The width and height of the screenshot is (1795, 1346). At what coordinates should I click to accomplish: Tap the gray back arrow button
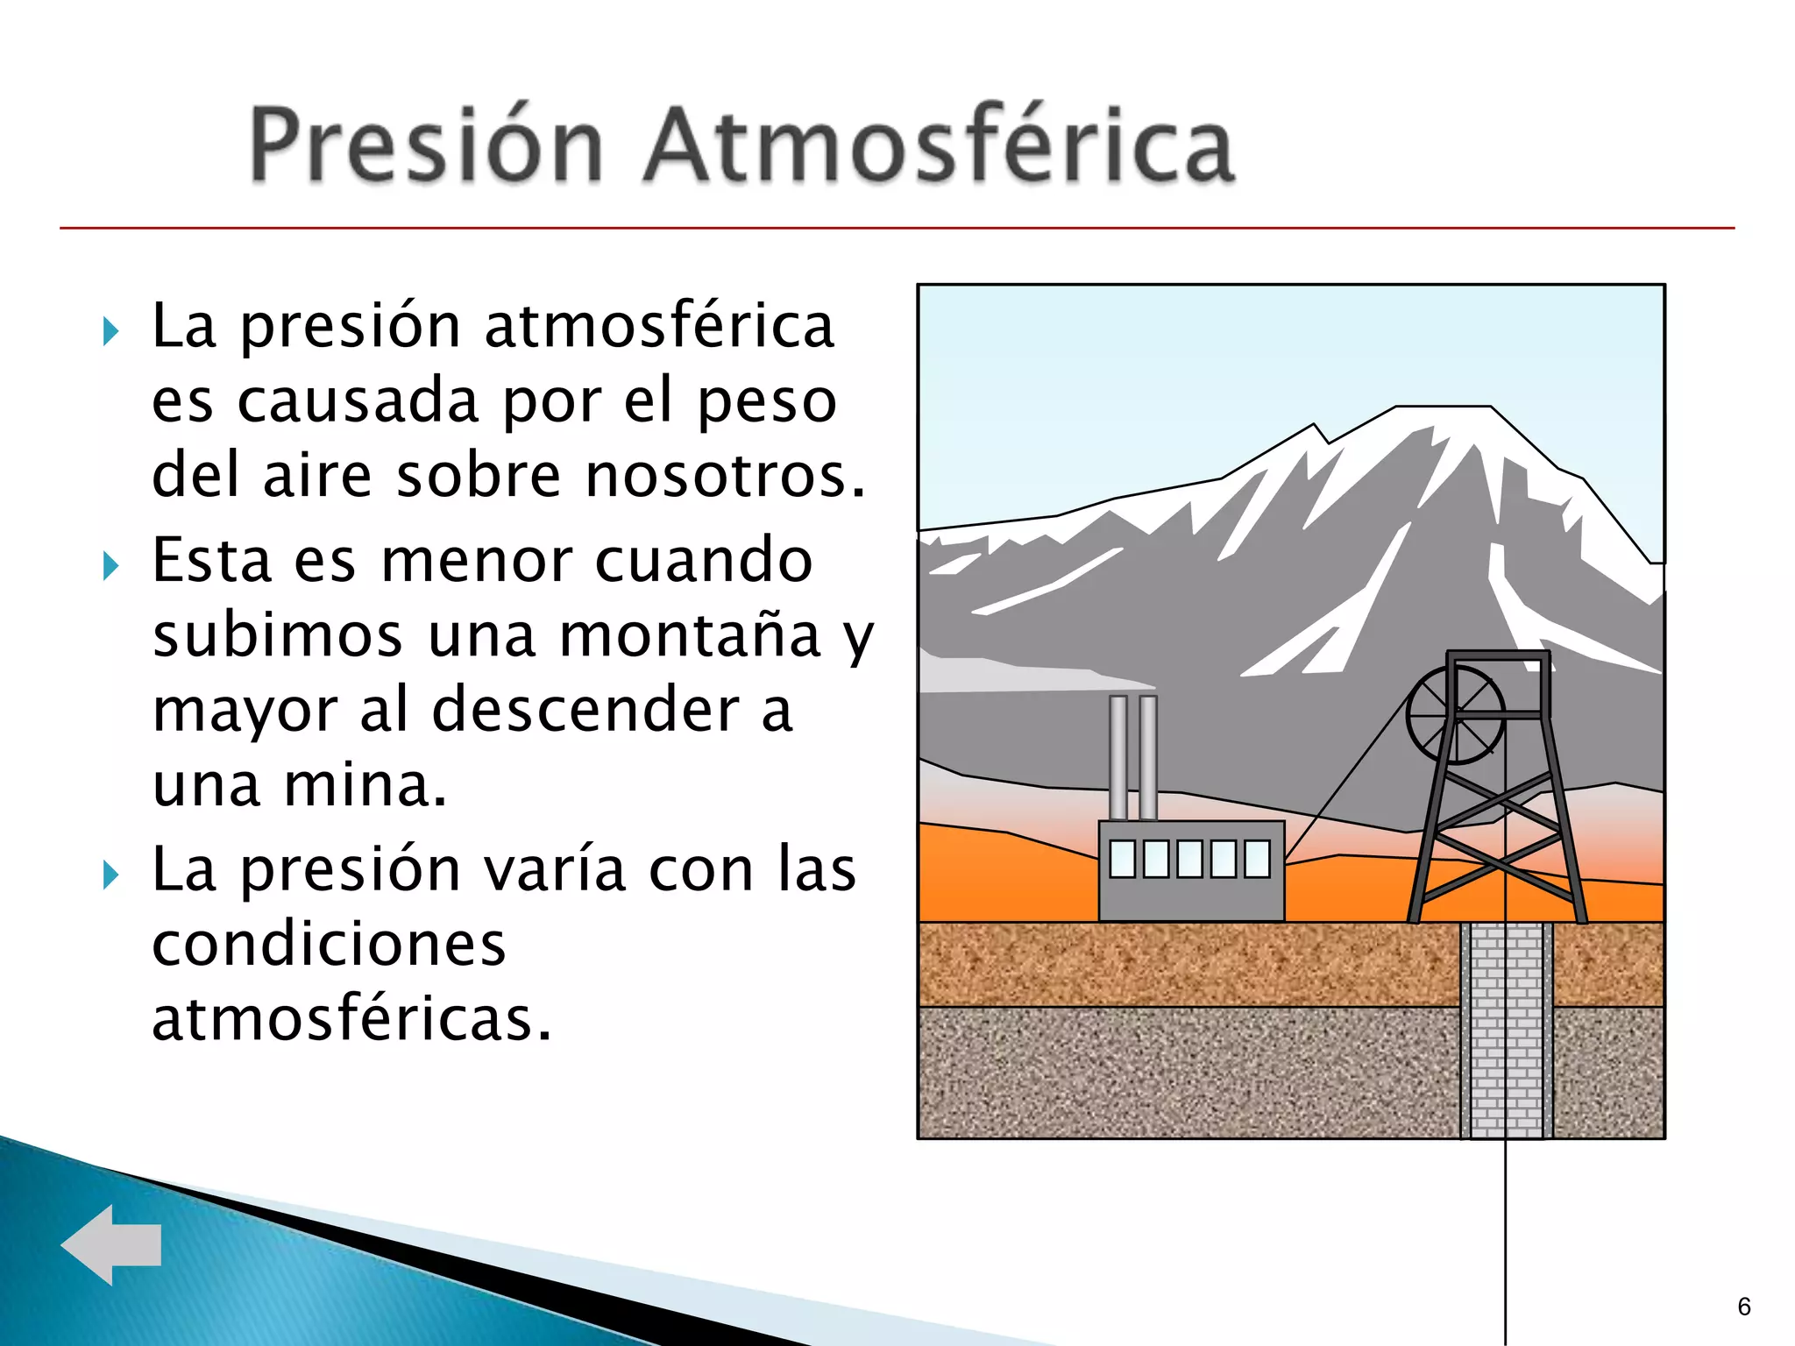coord(111,1244)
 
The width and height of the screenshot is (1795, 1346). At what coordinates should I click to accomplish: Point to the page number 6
coord(1743,1307)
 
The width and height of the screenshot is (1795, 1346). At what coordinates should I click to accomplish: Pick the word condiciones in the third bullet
coord(329,945)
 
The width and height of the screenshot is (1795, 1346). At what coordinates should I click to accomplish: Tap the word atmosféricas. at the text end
coord(351,1019)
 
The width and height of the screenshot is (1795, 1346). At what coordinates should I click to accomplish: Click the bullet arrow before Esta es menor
coord(110,565)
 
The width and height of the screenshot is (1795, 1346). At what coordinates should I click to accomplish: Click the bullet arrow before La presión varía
coord(110,875)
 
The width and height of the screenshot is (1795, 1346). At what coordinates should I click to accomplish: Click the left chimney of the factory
coord(1118,758)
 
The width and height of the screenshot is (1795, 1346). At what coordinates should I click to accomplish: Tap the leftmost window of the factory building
coord(1123,859)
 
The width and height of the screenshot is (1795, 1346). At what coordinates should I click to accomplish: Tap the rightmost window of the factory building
coord(1257,859)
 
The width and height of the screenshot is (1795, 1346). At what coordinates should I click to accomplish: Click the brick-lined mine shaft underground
coord(1506,1030)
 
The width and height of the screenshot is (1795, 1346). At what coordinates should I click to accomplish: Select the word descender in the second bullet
coord(585,710)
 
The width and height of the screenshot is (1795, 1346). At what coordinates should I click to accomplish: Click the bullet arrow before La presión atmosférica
coord(110,331)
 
